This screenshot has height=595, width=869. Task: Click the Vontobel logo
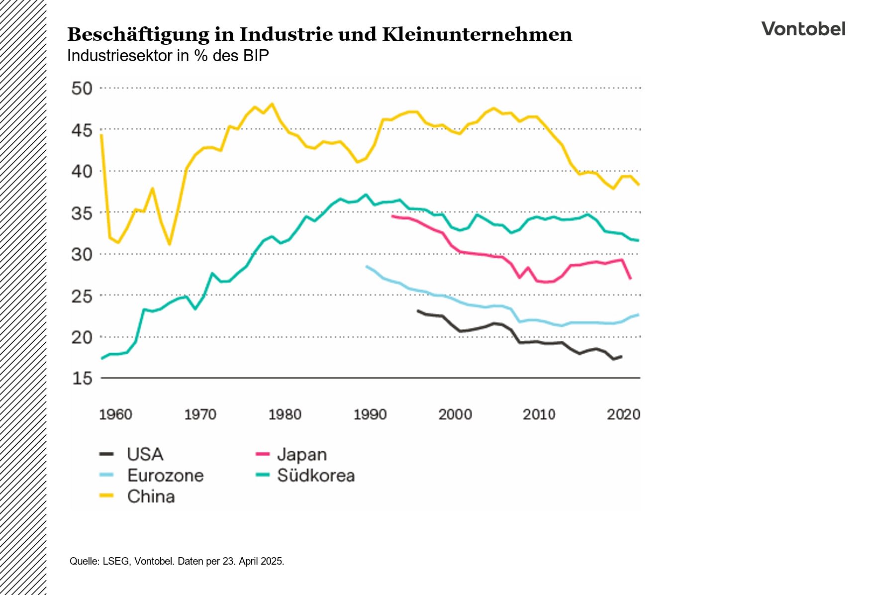point(803,29)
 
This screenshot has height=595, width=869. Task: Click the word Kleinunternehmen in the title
point(477,34)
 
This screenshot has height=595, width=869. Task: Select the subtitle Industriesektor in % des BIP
point(168,56)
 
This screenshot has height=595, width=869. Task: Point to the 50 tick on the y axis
point(82,89)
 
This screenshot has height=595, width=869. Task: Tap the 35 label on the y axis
point(82,213)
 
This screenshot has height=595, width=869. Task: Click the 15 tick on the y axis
point(82,379)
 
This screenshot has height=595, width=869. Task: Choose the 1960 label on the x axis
point(115,414)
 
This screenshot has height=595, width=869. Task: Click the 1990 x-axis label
point(370,414)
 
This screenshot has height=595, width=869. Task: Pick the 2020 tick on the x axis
point(623,414)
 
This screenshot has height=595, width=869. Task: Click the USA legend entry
point(145,454)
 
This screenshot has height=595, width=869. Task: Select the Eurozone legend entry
point(165,476)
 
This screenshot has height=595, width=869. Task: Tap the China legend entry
point(151,496)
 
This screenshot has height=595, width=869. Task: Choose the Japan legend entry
point(301,454)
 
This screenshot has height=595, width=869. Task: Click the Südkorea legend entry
point(315,476)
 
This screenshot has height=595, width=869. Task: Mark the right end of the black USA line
point(621,356)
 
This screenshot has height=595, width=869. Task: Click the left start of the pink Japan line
point(392,216)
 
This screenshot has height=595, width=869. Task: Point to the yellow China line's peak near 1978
point(272,104)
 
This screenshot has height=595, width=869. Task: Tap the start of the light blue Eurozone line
point(367,266)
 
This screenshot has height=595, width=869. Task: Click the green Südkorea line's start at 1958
point(102,358)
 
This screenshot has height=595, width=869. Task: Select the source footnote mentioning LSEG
point(177,561)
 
